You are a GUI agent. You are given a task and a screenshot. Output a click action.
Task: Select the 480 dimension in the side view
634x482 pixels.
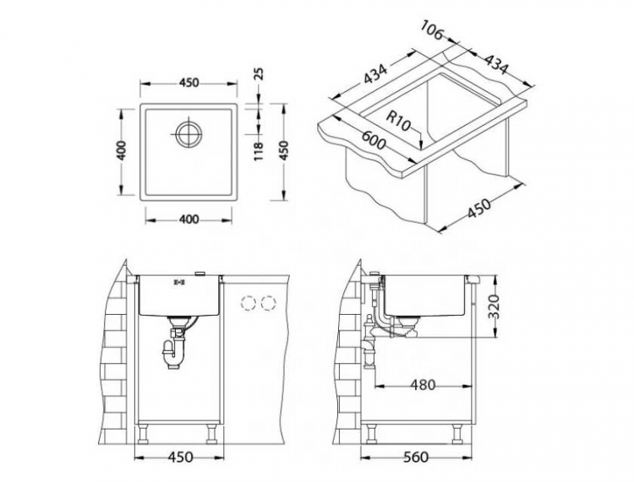(423, 385)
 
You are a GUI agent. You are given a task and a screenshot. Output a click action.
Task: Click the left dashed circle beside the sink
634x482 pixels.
(249, 303)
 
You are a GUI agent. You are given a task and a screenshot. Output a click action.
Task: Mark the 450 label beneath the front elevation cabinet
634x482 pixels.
(179, 457)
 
